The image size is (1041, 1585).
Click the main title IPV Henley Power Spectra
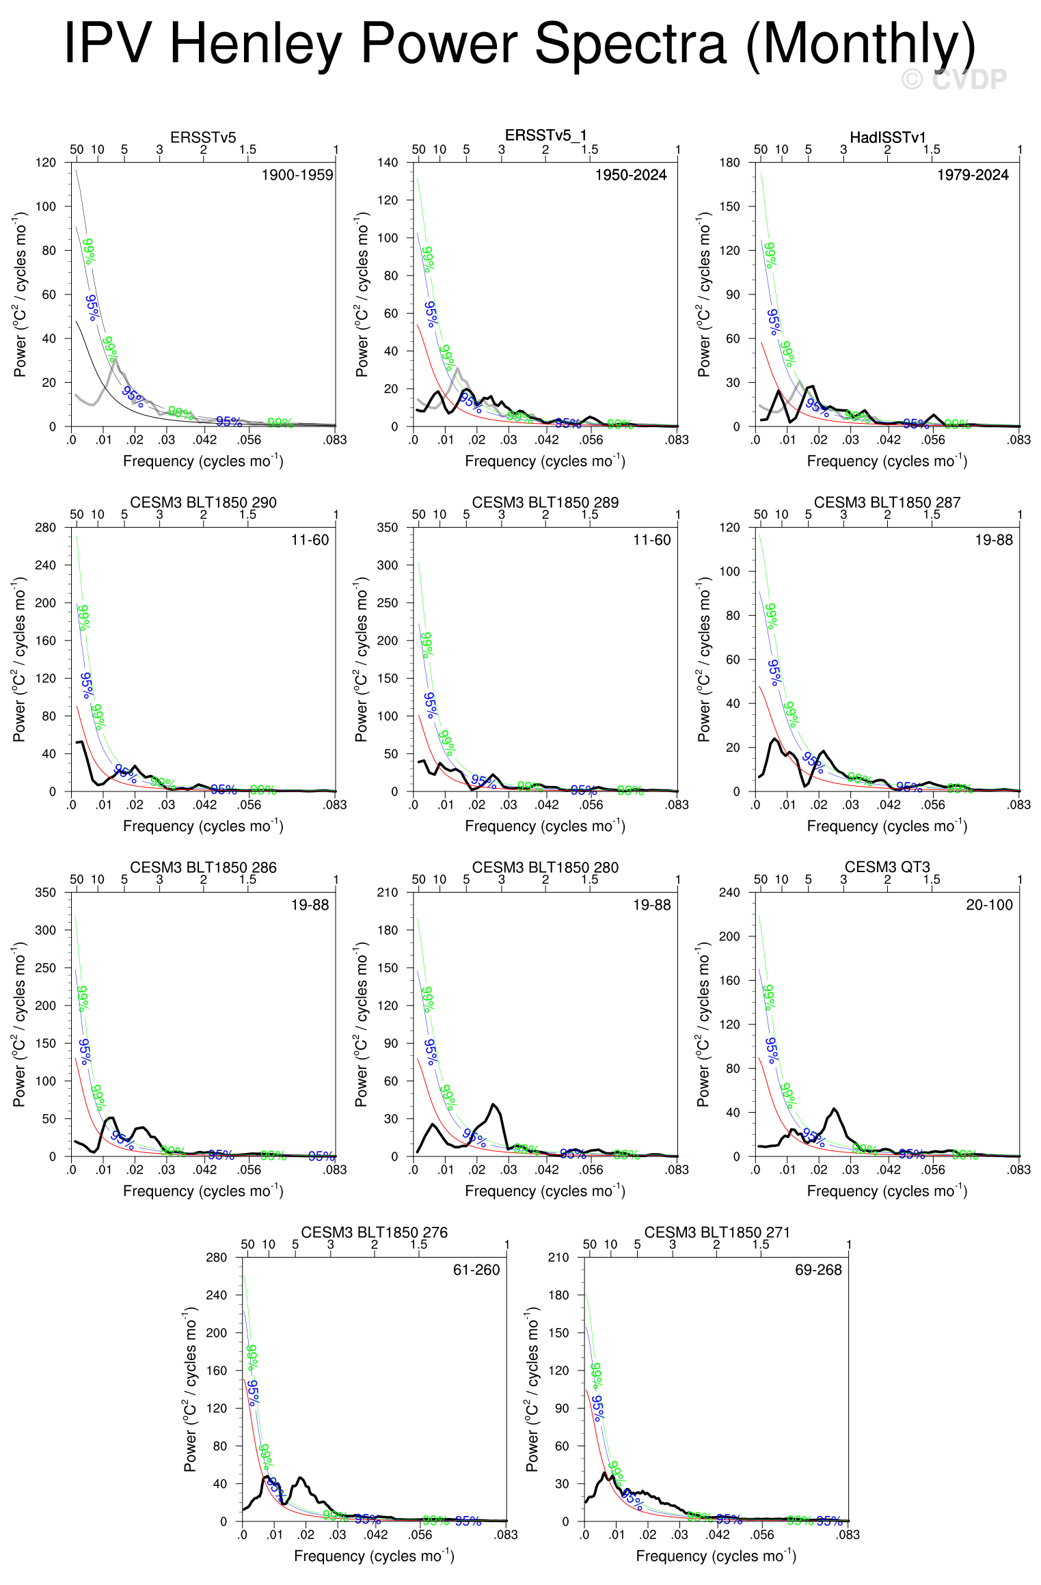click(x=519, y=44)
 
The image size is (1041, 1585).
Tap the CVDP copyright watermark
click(x=954, y=80)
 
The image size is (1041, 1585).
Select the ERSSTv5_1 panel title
click(x=545, y=135)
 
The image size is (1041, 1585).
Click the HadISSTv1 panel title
click(x=887, y=137)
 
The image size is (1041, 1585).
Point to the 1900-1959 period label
click(x=297, y=175)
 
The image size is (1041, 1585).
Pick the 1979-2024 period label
click(x=972, y=175)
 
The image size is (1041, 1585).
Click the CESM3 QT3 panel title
click(x=887, y=867)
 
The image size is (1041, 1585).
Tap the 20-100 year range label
click(x=988, y=905)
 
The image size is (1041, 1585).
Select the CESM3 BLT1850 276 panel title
click(x=374, y=1232)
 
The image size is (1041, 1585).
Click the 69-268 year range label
click(x=818, y=1270)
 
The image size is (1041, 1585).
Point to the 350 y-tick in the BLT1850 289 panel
click(x=388, y=528)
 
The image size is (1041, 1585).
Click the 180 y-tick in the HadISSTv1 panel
click(x=729, y=163)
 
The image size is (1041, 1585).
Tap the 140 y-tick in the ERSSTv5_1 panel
click(x=388, y=163)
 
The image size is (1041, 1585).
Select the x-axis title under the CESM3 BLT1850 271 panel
click(x=716, y=1556)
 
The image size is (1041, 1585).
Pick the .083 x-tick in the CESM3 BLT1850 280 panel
click(x=677, y=1169)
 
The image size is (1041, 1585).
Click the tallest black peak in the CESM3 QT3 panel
click(x=834, y=1109)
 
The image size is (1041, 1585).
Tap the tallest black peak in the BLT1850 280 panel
click(x=494, y=1104)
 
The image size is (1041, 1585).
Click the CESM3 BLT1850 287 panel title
click(x=887, y=502)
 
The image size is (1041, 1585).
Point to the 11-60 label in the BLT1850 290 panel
click(x=310, y=540)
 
